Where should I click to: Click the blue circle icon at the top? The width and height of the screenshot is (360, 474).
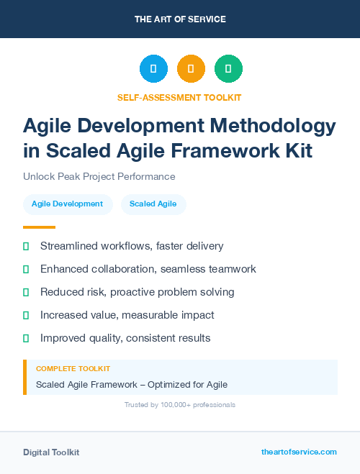coord(153,69)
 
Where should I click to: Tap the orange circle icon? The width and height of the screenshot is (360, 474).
coord(191,69)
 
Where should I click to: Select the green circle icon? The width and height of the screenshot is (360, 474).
coord(228,69)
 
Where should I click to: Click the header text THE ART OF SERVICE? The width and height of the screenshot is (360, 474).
coord(180,19)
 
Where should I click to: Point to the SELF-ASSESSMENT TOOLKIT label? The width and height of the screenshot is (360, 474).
coord(179,97)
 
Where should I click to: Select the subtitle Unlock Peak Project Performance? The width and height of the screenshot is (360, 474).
coord(99,176)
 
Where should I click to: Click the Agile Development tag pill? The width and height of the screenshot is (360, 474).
coord(67,204)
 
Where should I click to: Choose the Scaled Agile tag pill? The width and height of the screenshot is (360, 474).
coord(153,204)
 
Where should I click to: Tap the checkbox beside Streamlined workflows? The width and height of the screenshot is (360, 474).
coord(26,246)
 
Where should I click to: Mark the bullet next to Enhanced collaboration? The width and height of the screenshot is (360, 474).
coord(26,269)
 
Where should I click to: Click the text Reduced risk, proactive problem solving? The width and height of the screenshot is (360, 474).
coord(137,292)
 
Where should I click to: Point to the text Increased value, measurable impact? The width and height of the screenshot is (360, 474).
coord(127,315)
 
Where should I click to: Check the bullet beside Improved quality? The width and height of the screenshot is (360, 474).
coord(26,338)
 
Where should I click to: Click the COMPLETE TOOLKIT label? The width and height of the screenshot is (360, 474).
coord(68,368)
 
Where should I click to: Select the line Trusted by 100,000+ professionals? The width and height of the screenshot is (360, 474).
coord(179,405)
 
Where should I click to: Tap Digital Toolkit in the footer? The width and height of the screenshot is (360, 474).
coord(51,452)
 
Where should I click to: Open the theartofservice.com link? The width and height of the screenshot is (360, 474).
coord(299,452)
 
